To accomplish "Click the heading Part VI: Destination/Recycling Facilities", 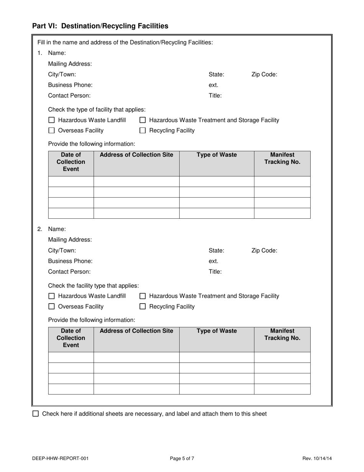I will pyautogui.click(x=100, y=26).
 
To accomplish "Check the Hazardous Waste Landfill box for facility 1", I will pyautogui.click(x=52, y=120).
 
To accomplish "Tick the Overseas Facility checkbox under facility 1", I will pyautogui.click(x=52, y=130).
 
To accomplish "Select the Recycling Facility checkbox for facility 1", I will pyautogui.click(x=143, y=130).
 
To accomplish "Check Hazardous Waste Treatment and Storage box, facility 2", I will pyautogui.click(x=143, y=296).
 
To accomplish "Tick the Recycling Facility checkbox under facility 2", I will pyautogui.click(x=143, y=307).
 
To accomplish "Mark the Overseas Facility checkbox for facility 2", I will pyautogui.click(x=52, y=307).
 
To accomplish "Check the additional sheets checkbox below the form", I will pyautogui.click(x=36, y=414).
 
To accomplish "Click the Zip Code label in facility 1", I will pyautogui.click(x=264, y=74).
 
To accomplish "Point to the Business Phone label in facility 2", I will pyautogui.click(x=70, y=261).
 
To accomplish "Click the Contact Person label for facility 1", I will pyautogui.click(x=69, y=96).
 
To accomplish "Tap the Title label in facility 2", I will pyautogui.click(x=215, y=272).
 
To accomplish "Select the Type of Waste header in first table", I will pyautogui.click(x=216, y=155).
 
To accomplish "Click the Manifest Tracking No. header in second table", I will pyautogui.click(x=282, y=334).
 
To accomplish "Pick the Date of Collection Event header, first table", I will pyautogui.click(x=71, y=162).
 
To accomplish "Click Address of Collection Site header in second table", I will pyautogui.click(x=136, y=331).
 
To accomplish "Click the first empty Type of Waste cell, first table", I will pyautogui.click(x=216, y=182).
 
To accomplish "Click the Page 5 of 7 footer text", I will pyautogui.click(x=182, y=458).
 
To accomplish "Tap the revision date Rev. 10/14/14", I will pyautogui.click(x=317, y=458).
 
